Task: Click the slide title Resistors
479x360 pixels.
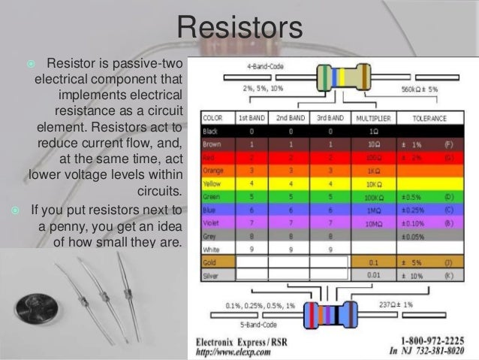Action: tap(239, 29)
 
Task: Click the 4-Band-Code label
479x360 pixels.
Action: tap(261, 65)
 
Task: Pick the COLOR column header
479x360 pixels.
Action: tap(214, 118)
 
